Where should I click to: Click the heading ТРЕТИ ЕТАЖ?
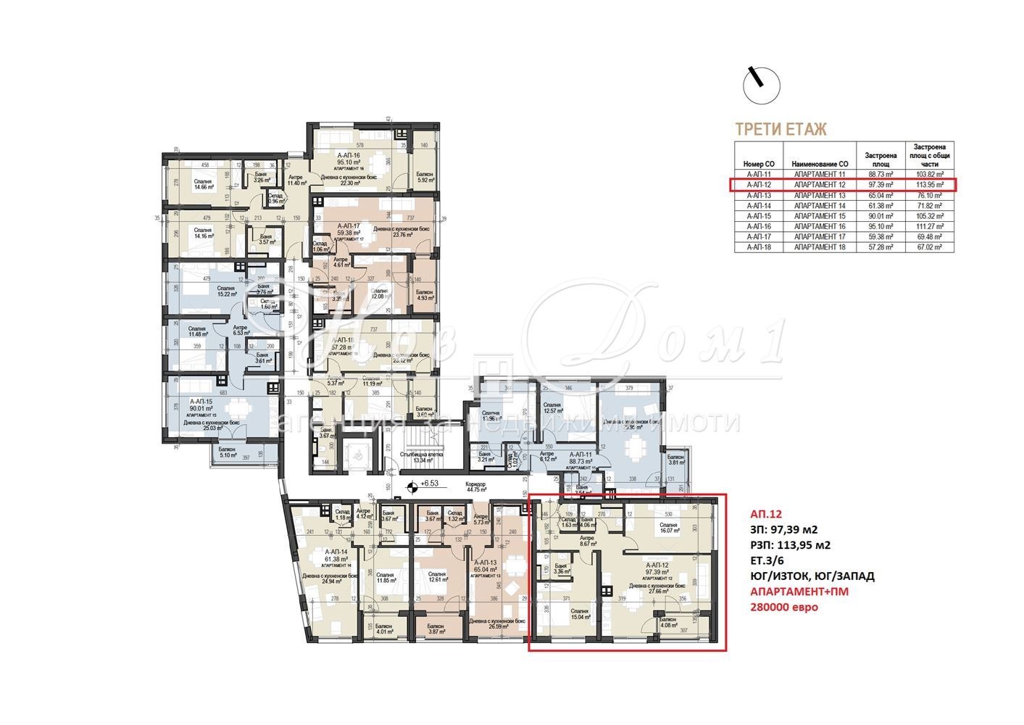pyautogui.click(x=781, y=130)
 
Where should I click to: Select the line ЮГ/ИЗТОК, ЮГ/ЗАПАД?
pyautogui.click(x=812, y=576)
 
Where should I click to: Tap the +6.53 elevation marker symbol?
pyautogui.click(x=413, y=484)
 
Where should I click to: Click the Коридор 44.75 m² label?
pyautogui.click(x=476, y=487)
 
